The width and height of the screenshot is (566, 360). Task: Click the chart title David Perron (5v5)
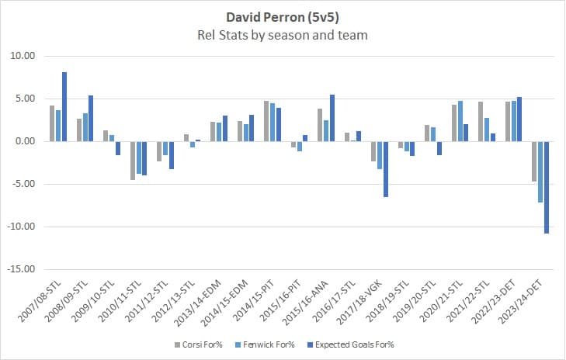pos(283,16)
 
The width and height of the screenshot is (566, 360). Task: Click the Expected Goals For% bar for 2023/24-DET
pos(545,187)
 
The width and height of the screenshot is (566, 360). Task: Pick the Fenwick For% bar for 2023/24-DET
pos(539,172)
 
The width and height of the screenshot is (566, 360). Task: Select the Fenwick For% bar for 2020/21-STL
pos(460,121)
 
